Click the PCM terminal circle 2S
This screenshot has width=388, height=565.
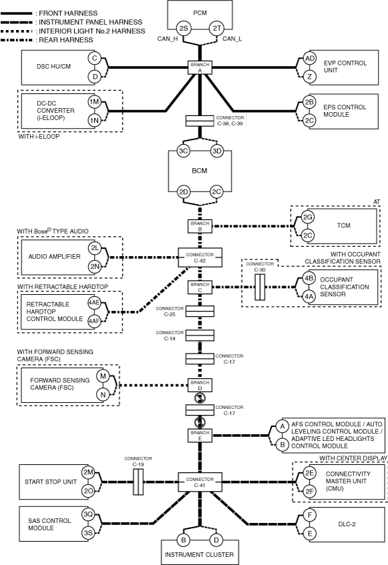pyautogui.click(x=183, y=28)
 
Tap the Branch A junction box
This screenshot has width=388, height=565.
pyautogui.click(x=200, y=67)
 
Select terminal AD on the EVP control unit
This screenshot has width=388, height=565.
pyautogui.click(x=309, y=59)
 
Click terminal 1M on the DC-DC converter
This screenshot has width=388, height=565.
pyautogui.click(x=94, y=102)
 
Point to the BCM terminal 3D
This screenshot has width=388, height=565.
pyautogui.click(x=217, y=151)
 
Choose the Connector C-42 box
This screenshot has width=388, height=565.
pyautogui.click(x=200, y=257)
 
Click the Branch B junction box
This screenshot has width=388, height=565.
pyautogui.click(x=200, y=226)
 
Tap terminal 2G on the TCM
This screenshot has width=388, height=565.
pyautogui.click(x=307, y=217)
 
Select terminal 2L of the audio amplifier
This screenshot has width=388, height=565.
pyautogui.click(x=95, y=248)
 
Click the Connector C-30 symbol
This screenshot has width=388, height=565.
pyautogui.click(x=260, y=288)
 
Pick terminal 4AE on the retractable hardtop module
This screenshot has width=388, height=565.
pyautogui.click(x=94, y=302)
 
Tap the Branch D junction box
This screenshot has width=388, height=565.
pyautogui.click(x=200, y=386)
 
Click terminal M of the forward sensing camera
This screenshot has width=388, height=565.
pyautogui.click(x=103, y=376)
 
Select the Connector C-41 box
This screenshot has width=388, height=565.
pyautogui.click(x=200, y=482)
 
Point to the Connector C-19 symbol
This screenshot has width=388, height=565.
pyautogui.click(x=138, y=482)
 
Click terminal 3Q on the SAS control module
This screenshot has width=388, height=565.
pyautogui.click(x=88, y=514)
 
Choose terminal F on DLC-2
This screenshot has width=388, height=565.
pyautogui.click(x=309, y=515)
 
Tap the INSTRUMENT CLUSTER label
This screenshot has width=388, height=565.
pyautogui.click(x=199, y=554)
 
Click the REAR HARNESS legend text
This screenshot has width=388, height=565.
pyautogui.click(x=66, y=40)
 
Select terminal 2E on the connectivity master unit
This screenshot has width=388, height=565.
pyautogui.click(x=309, y=473)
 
